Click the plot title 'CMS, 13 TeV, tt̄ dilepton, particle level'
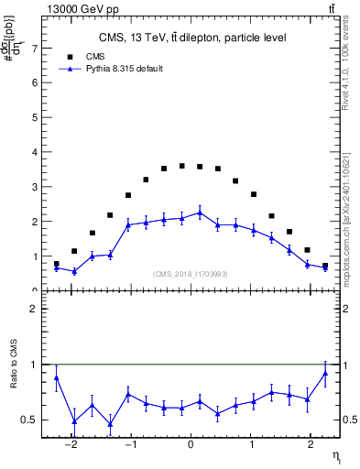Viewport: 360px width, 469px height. (192, 38)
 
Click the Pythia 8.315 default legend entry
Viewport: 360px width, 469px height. (111, 69)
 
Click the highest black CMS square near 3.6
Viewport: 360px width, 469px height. (181, 166)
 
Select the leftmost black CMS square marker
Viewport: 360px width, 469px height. (57, 264)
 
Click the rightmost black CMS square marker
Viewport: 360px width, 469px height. (325, 266)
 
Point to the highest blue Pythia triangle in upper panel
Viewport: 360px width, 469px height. (200, 213)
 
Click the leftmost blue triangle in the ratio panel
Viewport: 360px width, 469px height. (57, 377)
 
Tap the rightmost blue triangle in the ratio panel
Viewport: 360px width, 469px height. (325, 373)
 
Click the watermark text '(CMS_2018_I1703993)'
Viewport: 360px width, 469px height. (191, 273)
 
